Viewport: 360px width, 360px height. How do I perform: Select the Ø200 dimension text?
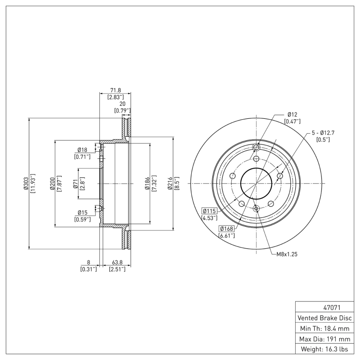[x=53, y=183]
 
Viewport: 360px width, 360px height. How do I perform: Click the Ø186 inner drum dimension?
[x=147, y=183]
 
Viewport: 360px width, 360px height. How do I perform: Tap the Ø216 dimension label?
[x=171, y=183]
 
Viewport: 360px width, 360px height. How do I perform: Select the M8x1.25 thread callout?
[x=287, y=254]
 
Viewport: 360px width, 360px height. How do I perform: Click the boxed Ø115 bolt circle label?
[x=210, y=211]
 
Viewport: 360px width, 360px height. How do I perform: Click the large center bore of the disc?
[x=256, y=184]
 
